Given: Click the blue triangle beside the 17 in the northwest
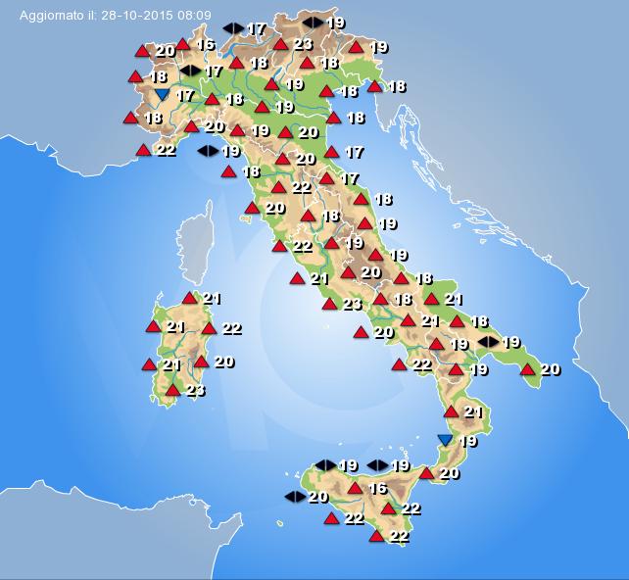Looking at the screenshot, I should pos(162,94).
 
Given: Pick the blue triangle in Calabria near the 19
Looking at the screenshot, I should pos(446,441).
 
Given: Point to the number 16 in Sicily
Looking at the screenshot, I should pos(377,488).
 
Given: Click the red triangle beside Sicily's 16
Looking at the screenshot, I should pos(355,488).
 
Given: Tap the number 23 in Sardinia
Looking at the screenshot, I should pos(195,391).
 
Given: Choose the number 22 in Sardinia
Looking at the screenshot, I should pos(231,328).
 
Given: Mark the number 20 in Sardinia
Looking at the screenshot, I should pos(223,362).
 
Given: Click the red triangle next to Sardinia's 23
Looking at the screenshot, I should pos(172,391).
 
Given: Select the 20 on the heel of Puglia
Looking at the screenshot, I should pos(551,369).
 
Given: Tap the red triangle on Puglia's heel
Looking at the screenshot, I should pos(528,369).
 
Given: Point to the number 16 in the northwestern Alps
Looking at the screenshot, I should pos(205,44).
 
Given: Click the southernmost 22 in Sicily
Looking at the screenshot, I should pos(400,536).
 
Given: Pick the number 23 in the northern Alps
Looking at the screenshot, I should pos(303,43).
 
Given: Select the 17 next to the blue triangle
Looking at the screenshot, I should pos(184,95).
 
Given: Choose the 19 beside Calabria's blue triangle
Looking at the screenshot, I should pos(468,441).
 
